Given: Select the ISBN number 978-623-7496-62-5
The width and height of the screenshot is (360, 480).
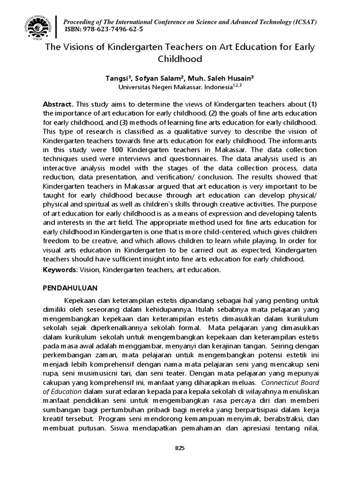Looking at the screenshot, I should pos(113,30).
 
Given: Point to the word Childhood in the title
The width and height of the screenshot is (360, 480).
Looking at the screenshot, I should pos(180,59).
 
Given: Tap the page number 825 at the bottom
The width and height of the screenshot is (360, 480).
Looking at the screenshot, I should pos(180,448).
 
